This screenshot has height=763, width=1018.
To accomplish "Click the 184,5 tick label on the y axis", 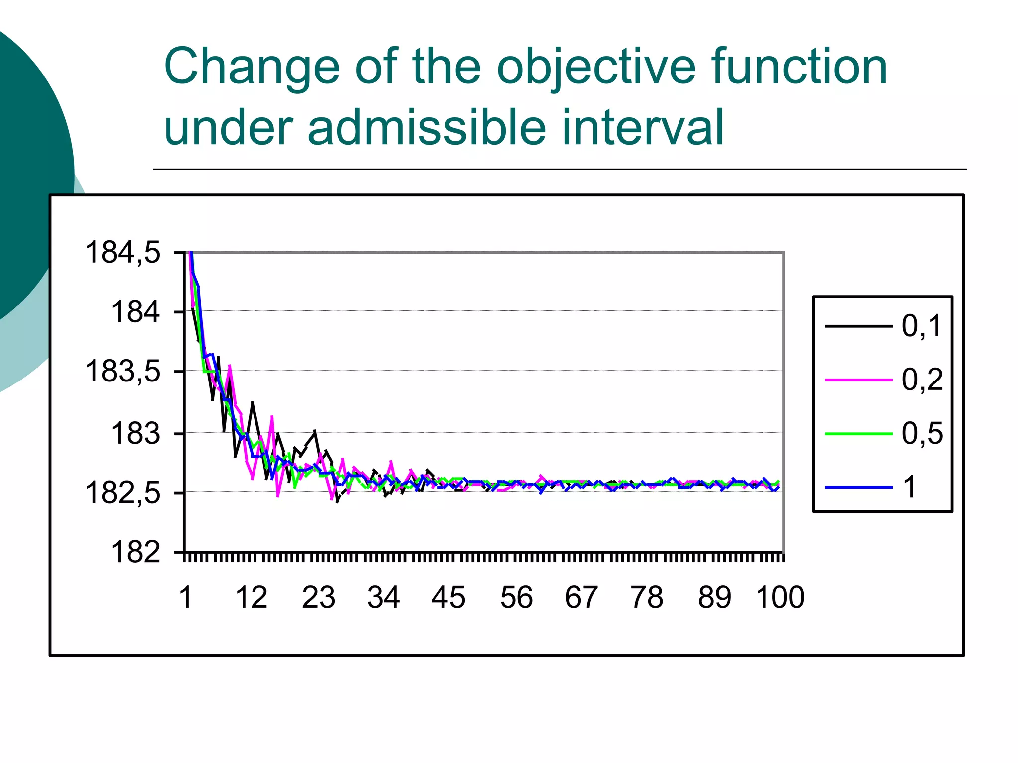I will tap(123, 252).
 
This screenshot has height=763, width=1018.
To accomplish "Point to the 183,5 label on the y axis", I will tap(123, 371).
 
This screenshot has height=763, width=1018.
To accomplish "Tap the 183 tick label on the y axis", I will tap(135, 433).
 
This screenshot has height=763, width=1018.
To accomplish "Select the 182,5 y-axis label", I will tap(123, 493).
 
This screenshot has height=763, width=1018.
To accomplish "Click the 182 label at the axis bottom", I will tap(135, 552).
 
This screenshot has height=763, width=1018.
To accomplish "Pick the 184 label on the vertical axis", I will tap(135, 312).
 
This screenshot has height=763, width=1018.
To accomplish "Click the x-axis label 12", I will tap(251, 597).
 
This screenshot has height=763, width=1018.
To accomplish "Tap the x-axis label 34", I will tap(383, 597).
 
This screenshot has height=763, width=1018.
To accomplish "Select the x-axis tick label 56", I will tap(516, 597).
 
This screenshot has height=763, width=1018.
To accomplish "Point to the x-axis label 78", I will tap(647, 597).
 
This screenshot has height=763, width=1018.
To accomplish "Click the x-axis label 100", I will tap(780, 597).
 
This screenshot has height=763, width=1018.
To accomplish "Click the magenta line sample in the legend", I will tap(858, 380).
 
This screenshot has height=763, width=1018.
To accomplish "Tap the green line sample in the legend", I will tap(858, 434).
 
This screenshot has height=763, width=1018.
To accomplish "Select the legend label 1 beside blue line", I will tap(910, 487).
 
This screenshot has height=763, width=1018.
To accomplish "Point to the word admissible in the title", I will tap(427, 128).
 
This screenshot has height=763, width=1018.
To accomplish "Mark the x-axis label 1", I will tap(185, 597).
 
